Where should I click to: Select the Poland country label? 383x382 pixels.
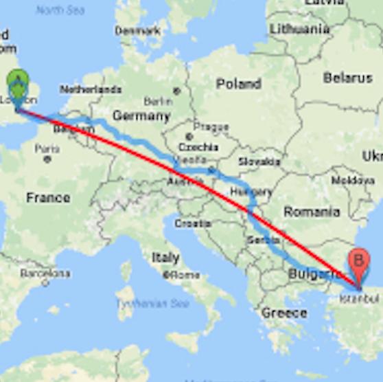(x=238, y=84)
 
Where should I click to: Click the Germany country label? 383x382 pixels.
(x=141, y=115)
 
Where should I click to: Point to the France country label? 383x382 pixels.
(x=48, y=198)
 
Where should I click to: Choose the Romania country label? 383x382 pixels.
(x=311, y=212)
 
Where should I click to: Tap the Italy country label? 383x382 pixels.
(x=165, y=257)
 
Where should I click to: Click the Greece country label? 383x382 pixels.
(x=283, y=313)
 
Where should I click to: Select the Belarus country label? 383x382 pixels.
(x=347, y=78)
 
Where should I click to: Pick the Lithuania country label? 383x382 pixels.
(x=299, y=29)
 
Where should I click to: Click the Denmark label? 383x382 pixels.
(x=137, y=31)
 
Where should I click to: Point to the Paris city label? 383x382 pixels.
(x=47, y=149)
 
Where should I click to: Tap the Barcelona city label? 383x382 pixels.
(x=45, y=273)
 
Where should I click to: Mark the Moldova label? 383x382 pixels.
(x=353, y=180)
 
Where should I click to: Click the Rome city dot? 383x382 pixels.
(x=166, y=275)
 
